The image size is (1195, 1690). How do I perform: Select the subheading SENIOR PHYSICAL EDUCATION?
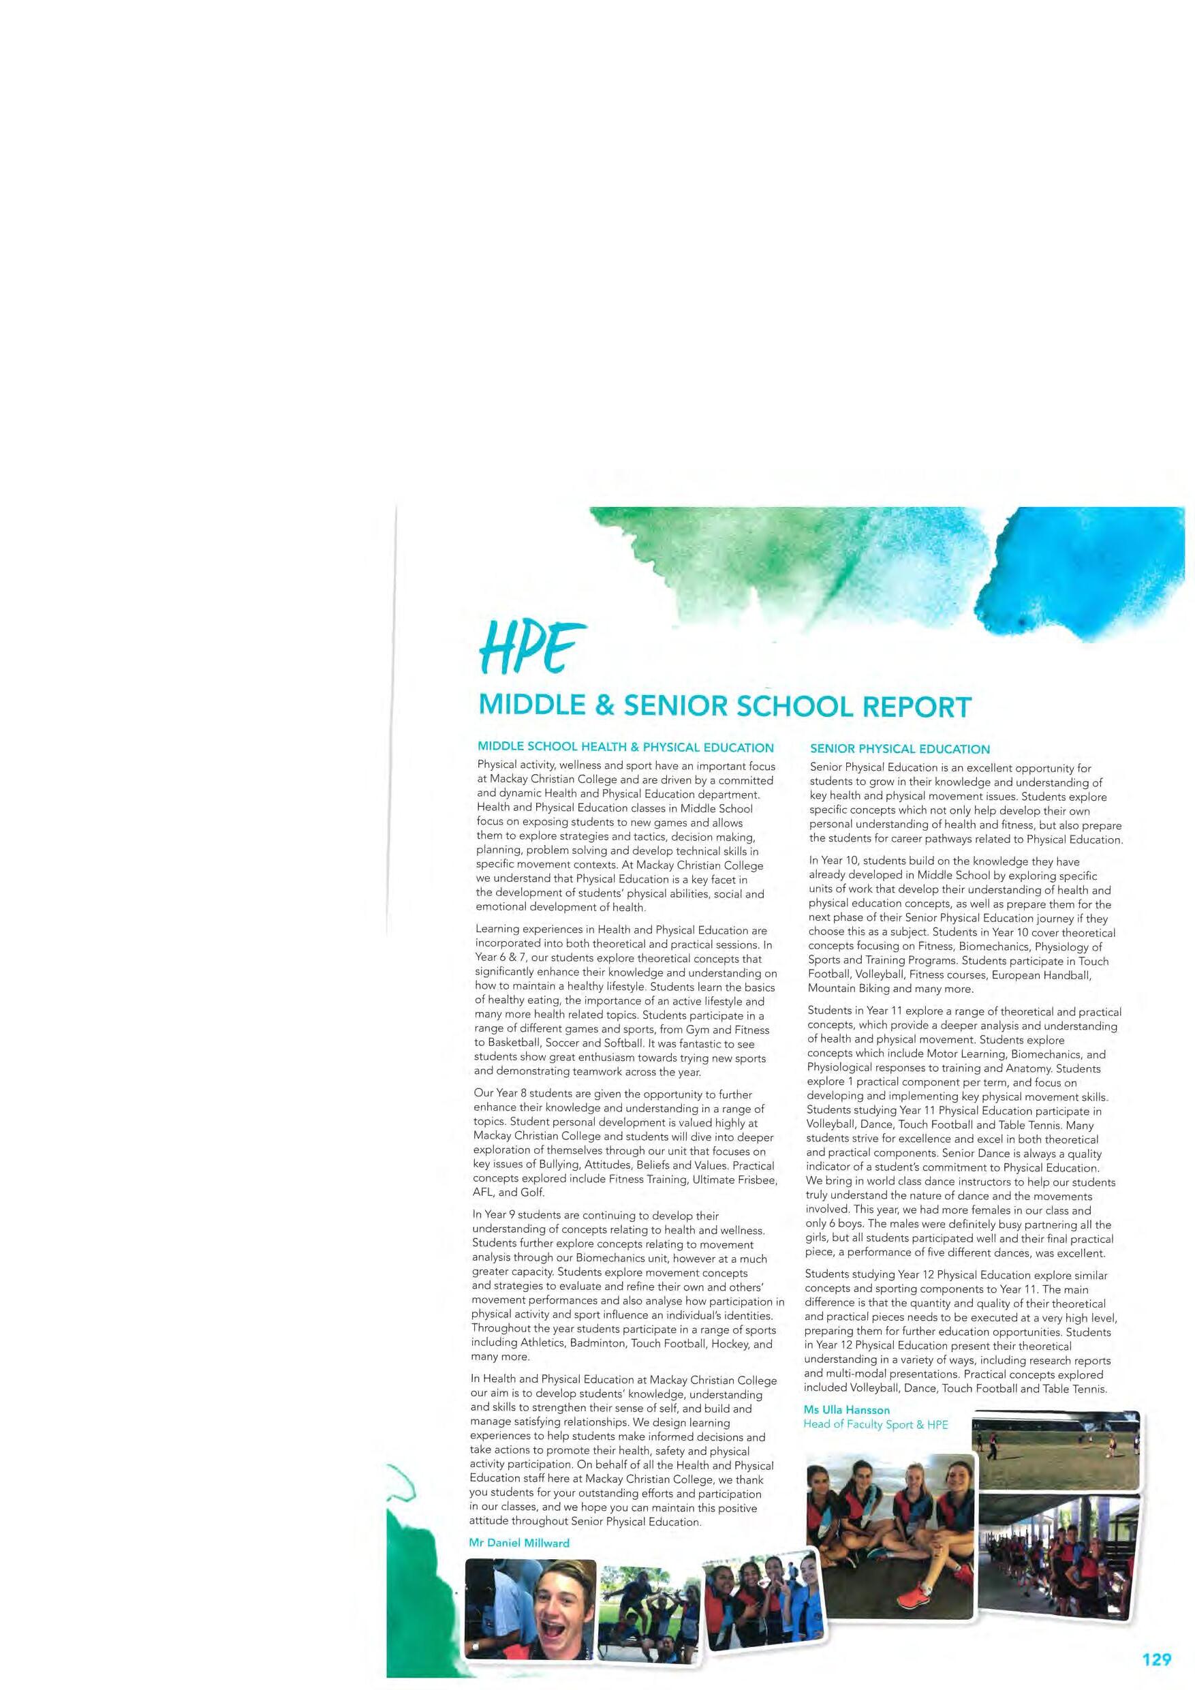(x=899, y=750)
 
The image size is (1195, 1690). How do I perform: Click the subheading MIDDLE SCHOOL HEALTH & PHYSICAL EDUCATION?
(x=625, y=748)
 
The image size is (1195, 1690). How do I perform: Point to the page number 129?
(x=1156, y=1654)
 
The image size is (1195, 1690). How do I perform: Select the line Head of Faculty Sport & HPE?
(x=875, y=1424)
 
